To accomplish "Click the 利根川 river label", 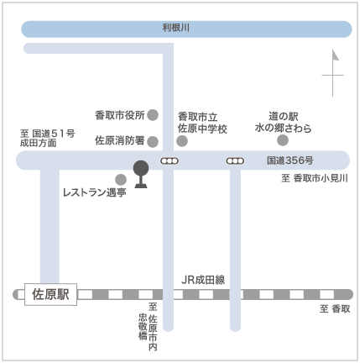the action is [176, 28].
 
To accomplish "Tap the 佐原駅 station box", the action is [50, 294].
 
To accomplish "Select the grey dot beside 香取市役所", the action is [153, 115].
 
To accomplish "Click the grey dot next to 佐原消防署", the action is [153, 142].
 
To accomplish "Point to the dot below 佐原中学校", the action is [182, 141].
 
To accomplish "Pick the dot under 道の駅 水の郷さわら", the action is [283, 140].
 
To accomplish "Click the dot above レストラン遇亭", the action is [121, 180].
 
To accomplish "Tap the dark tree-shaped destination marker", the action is [141, 174].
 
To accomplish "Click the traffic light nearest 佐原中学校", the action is [170, 161].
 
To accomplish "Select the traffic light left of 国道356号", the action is [235, 161].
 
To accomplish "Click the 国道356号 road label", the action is [290, 160].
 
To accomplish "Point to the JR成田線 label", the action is [203, 280].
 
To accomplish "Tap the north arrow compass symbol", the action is [333, 73].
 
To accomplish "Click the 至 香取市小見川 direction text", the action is [315, 178].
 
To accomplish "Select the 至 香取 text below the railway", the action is [335, 308].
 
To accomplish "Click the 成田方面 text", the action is [39, 143].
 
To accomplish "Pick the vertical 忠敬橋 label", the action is [143, 327].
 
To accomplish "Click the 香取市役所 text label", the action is [120, 115].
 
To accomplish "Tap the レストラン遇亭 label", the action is [95, 192].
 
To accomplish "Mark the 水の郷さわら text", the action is [283, 128].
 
